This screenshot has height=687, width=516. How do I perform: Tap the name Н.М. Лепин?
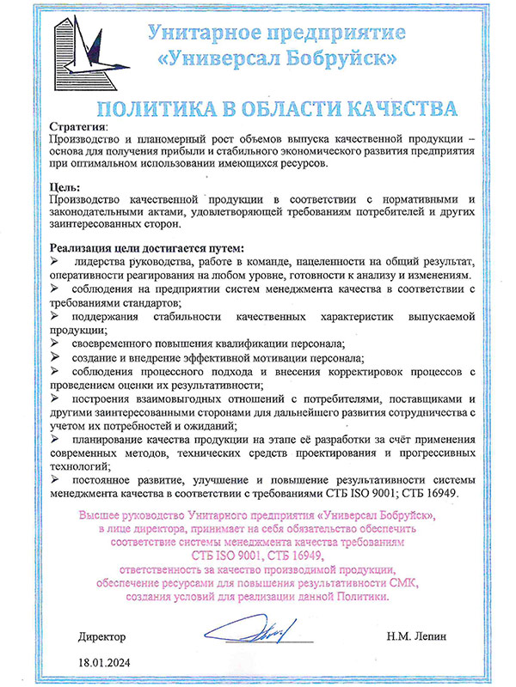(x=419, y=638)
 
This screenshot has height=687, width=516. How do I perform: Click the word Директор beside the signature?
(x=101, y=638)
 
